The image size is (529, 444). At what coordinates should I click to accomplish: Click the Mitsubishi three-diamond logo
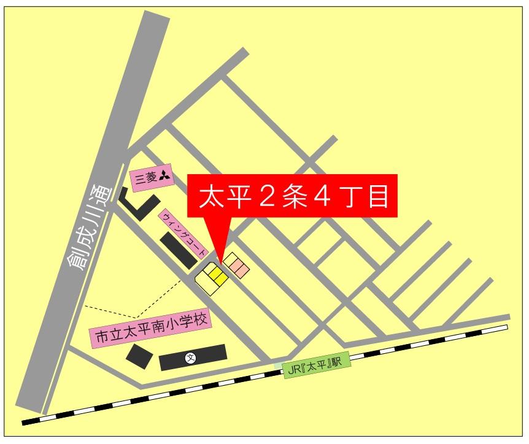pyautogui.click(x=164, y=177)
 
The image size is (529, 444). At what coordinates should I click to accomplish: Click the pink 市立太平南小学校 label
pyautogui.click(x=151, y=329)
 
